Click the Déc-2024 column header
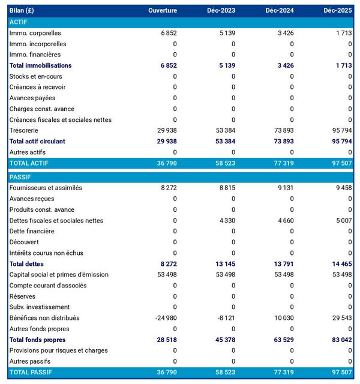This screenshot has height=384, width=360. tap(277, 11)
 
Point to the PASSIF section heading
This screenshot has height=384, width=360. tap(21, 177)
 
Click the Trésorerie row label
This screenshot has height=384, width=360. tap(26, 130)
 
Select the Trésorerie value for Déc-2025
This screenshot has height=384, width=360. tap(340, 130)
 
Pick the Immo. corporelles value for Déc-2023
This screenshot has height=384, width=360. tap(224, 33)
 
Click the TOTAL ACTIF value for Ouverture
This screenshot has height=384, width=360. tap(165, 163)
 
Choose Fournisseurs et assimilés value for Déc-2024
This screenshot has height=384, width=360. tap(283, 188)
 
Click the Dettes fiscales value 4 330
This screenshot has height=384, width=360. tap(224, 220)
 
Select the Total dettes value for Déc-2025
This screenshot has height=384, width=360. tap(340, 263)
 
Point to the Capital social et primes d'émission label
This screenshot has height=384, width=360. tap(59, 274)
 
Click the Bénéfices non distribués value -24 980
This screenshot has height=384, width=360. tap(164, 317)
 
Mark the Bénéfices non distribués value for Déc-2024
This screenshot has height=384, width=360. tap(282, 317)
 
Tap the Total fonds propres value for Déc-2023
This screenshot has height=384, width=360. tap(223, 340)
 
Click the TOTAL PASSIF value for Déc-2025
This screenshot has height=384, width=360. tap(340, 372)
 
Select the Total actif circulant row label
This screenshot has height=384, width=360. tap(46, 141)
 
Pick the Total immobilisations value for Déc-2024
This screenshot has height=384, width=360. tap(283, 65)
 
